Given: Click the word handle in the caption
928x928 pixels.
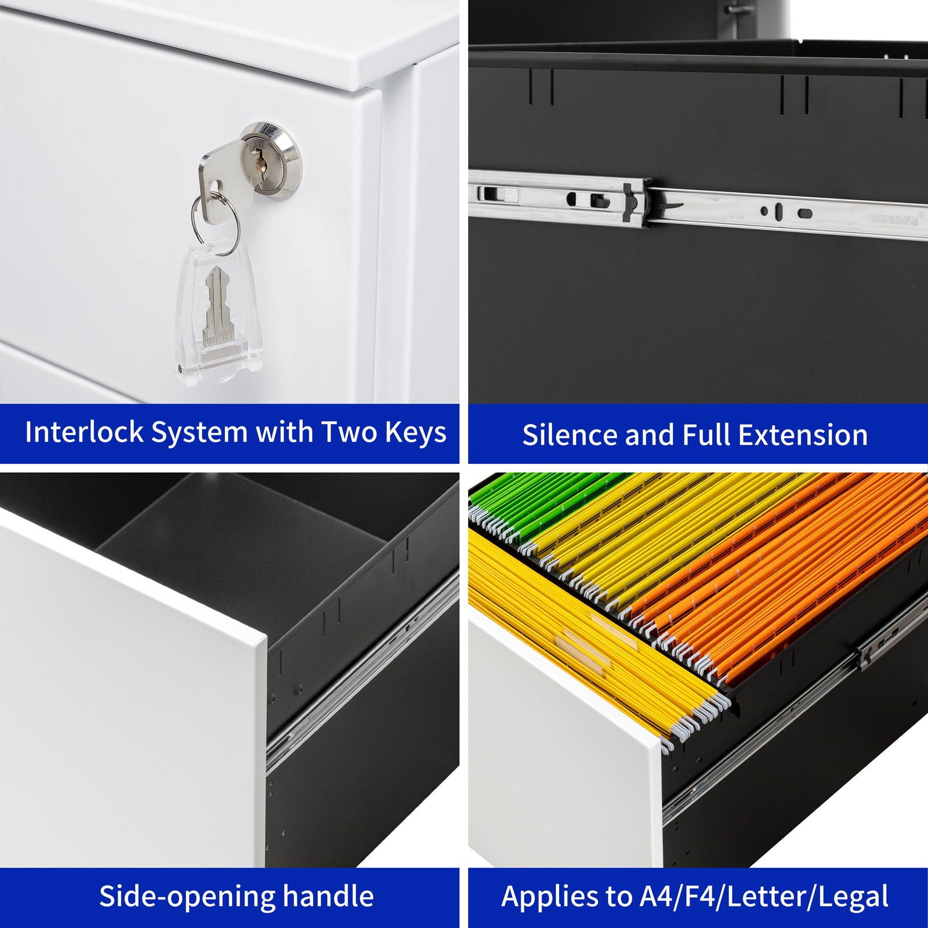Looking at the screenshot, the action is click(328, 896).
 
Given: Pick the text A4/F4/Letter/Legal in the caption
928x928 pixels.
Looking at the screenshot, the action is click(764, 897).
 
